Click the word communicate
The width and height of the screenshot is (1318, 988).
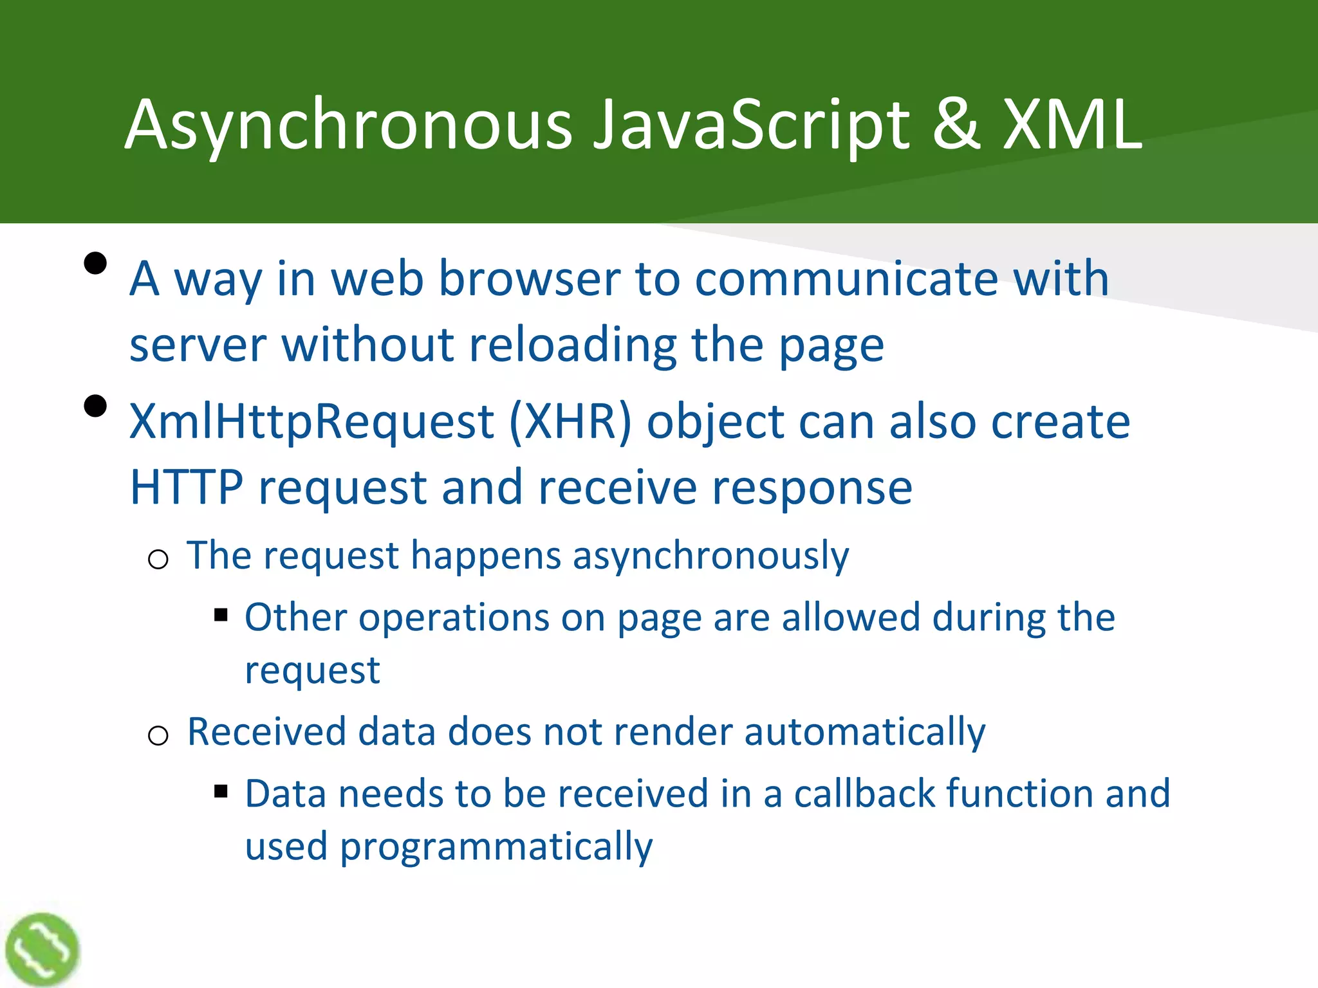pyautogui.click(x=846, y=279)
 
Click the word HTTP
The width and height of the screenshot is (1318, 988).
pyautogui.click(x=187, y=488)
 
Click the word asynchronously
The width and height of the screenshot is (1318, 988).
pyautogui.click(x=710, y=556)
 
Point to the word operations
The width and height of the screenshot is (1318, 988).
pyautogui.click(x=454, y=618)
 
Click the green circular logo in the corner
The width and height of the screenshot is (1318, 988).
pyautogui.click(x=42, y=949)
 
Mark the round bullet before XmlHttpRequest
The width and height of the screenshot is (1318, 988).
pyautogui.click(x=95, y=407)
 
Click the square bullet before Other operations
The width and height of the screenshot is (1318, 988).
pyautogui.click(x=221, y=616)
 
